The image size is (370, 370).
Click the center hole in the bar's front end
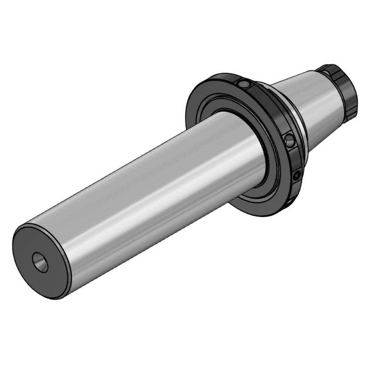40,262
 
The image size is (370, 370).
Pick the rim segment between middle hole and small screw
296,159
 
